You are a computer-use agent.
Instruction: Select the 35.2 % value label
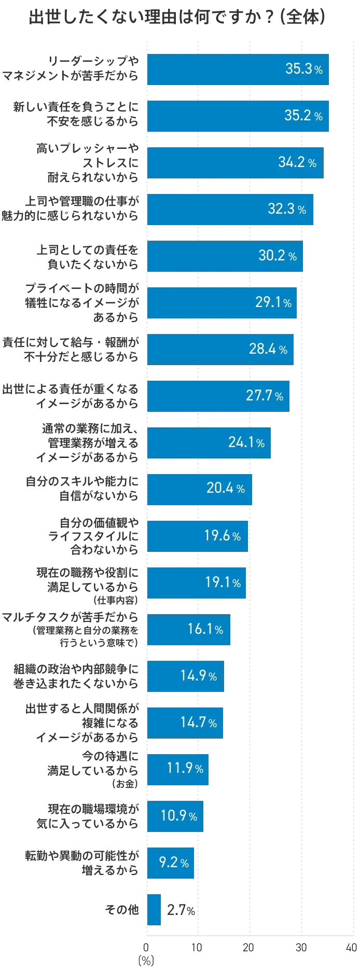[x=303, y=115]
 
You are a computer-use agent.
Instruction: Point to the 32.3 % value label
[x=287, y=209]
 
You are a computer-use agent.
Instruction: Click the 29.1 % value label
[x=273, y=302]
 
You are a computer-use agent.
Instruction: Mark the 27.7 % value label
[x=265, y=396]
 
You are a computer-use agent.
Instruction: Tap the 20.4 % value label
[x=226, y=489]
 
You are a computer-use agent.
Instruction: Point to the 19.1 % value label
[x=223, y=582]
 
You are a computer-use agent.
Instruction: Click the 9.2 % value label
[x=174, y=863]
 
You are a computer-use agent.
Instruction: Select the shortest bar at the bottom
[x=154, y=909]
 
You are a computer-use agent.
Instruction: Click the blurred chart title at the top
[x=179, y=18]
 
